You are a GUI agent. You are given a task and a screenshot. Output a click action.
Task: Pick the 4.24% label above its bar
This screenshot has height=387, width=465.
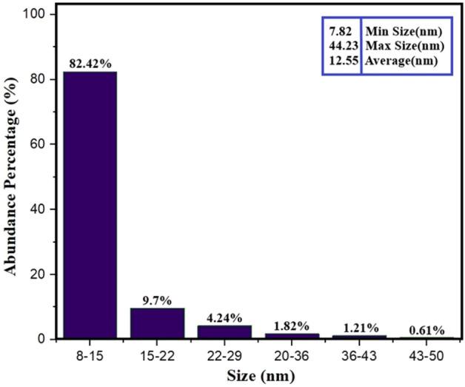point(215,317)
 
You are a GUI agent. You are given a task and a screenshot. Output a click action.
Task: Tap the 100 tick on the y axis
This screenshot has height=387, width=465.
point(39,16)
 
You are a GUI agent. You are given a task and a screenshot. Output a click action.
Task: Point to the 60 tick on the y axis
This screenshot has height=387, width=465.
point(42,145)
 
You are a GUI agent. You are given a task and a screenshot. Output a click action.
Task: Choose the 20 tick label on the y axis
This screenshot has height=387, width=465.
point(42,275)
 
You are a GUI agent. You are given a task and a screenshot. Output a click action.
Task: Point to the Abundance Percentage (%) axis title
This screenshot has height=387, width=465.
point(13,178)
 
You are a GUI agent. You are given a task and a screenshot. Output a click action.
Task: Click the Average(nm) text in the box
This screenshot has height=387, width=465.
point(401,61)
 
